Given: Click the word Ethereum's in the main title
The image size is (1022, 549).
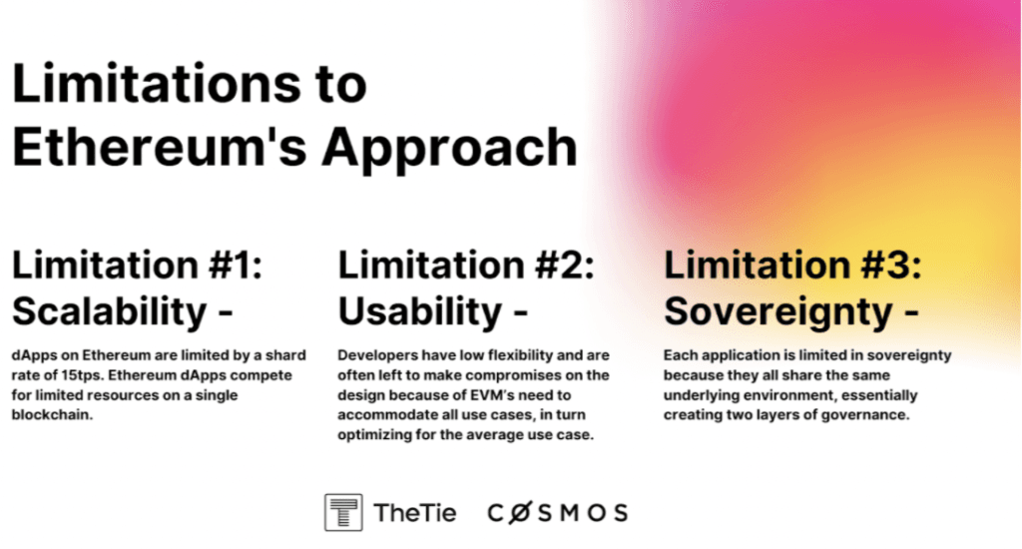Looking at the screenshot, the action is [160, 147].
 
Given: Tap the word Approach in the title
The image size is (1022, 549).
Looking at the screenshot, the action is [450, 150].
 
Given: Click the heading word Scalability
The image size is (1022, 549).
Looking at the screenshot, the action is [110, 311].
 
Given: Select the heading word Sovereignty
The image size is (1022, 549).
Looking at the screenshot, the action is [778, 311].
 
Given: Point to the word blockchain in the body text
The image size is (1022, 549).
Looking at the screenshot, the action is [52, 414].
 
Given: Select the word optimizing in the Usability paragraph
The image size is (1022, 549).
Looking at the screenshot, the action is [374, 435].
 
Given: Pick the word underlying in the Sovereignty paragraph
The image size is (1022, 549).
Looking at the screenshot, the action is [699, 395].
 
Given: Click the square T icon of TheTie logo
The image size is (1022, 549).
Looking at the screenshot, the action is [343, 512].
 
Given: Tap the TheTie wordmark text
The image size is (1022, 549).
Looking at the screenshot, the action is [415, 513].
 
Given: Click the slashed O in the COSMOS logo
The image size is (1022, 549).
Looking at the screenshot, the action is [519, 513].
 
